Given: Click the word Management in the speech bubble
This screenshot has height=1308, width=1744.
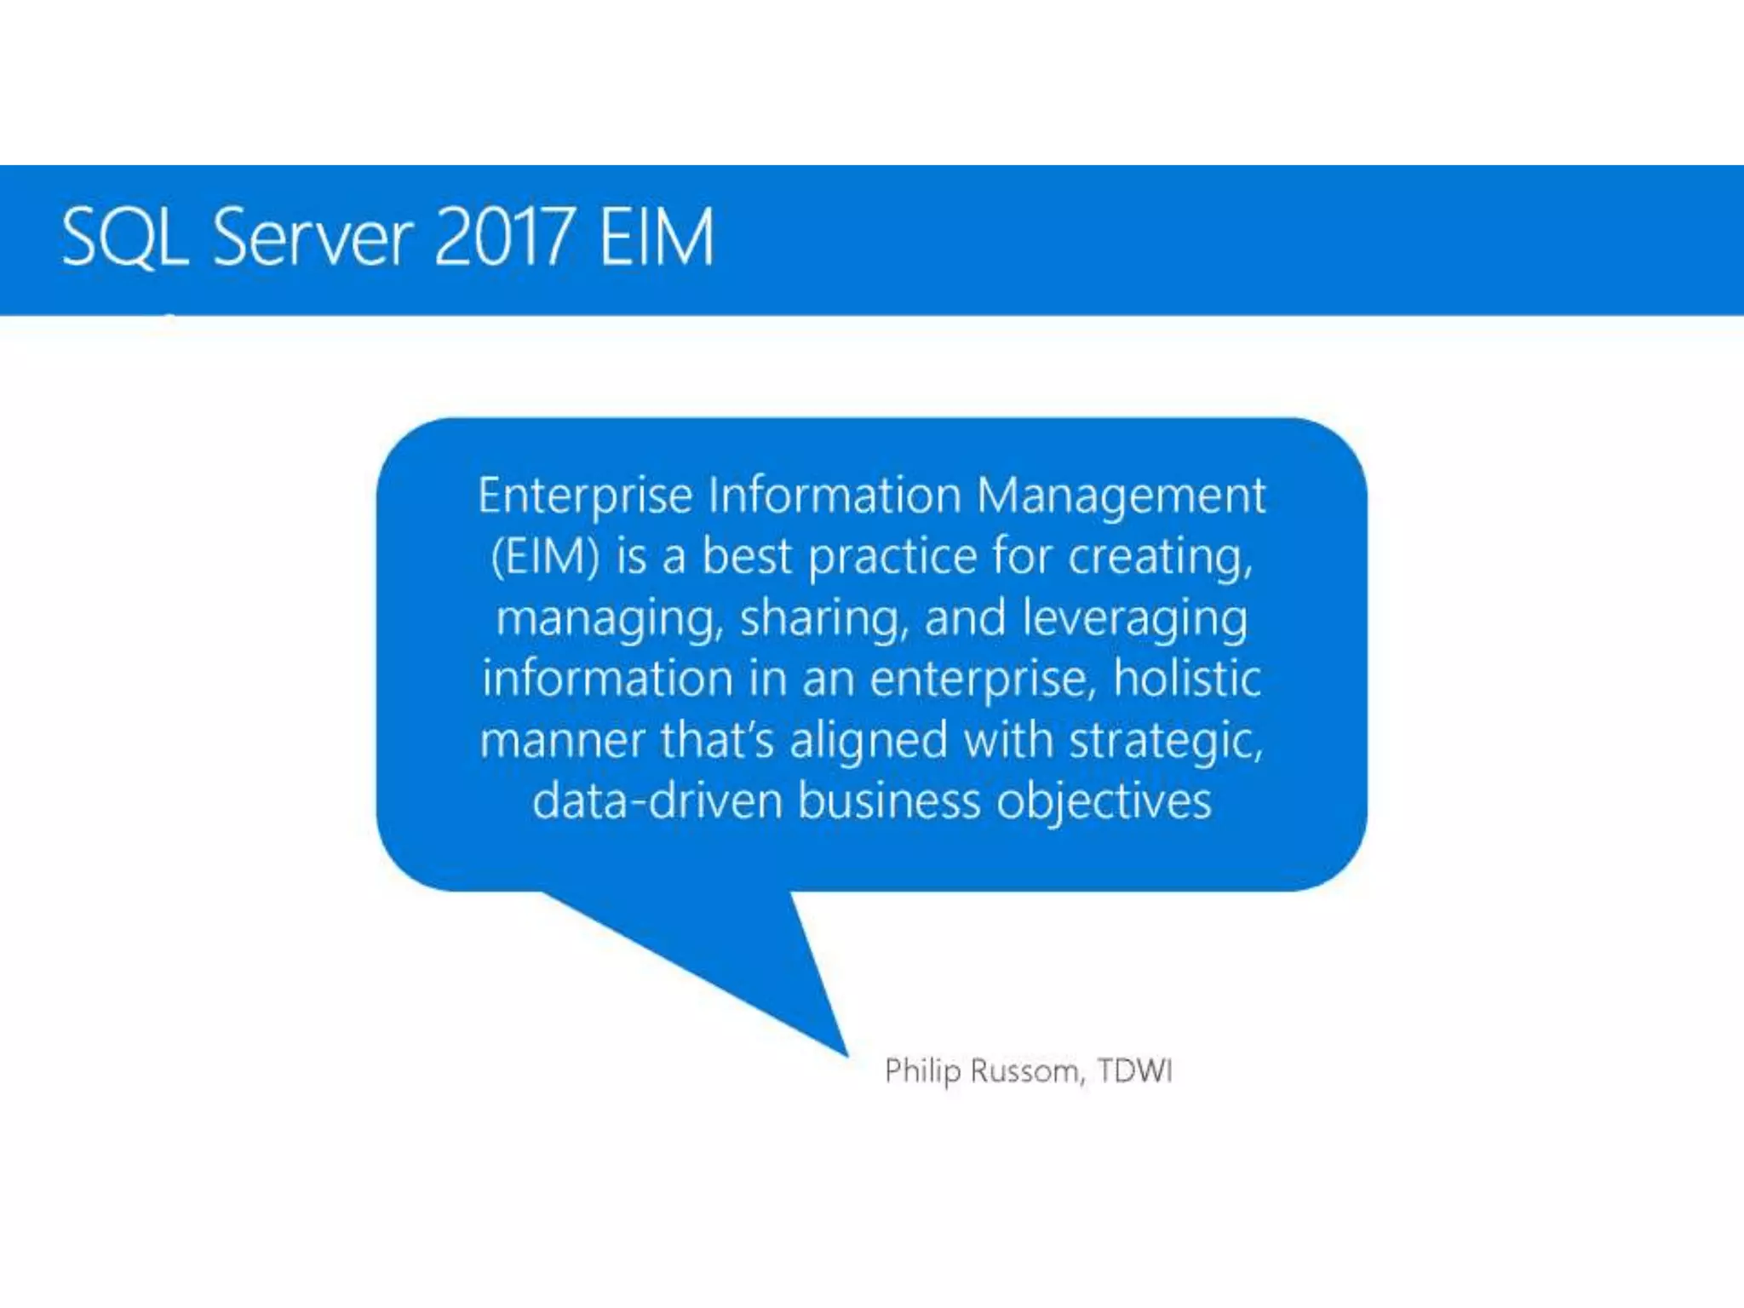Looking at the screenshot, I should pos(1121,496).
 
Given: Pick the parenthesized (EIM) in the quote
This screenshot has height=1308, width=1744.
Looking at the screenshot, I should pos(546,557).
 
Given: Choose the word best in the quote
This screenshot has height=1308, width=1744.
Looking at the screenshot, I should pos(747,557).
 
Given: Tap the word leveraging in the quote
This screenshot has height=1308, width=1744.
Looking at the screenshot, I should pos(1134,619).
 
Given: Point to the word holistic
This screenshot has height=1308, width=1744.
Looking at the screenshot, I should pos(1187,679).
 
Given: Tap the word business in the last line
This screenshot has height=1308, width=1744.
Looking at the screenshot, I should pos(889,801).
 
